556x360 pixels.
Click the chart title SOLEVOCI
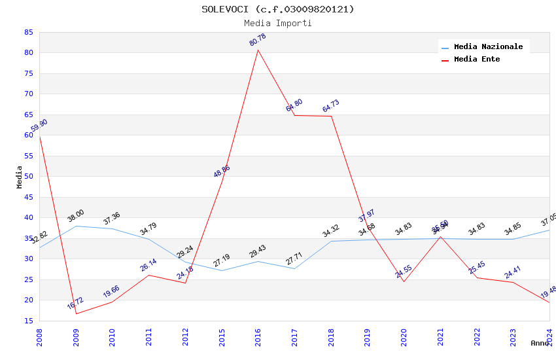click(x=277, y=9)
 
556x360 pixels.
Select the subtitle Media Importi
click(x=277, y=24)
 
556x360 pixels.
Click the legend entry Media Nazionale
click(x=488, y=47)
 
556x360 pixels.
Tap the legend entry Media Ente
click(x=477, y=60)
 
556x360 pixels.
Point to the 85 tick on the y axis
click(x=28, y=32)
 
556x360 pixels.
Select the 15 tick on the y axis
click(x=28, y=321)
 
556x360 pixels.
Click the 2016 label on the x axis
click(x=258, y=337)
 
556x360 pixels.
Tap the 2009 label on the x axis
click(x=76, y=337)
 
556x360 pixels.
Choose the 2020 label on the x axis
click(x=404, y=337)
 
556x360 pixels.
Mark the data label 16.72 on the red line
click(x=75, y=304)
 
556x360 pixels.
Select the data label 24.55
click(x=404, y=272)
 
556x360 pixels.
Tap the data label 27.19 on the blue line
click(x=222, y=261)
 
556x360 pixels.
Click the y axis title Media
click(x=20, y=177)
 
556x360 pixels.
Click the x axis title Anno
click(x=540, y=343)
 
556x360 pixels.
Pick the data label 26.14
click(x=148, y=265)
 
